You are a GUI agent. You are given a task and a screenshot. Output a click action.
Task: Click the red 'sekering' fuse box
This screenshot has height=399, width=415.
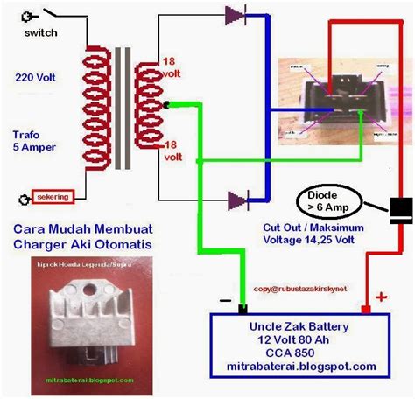click(52, 195)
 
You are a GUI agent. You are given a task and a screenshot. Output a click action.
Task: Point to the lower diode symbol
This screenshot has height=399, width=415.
click(236, 200)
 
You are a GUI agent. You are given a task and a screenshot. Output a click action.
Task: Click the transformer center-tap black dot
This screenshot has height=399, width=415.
click(166, 104)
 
